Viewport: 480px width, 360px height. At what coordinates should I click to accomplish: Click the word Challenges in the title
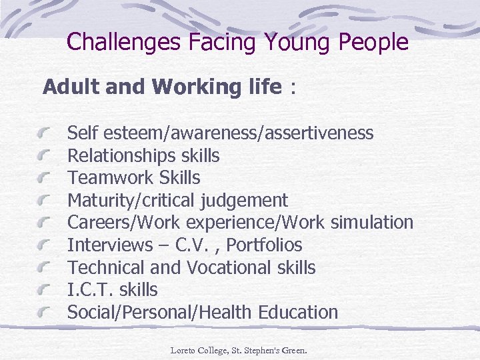(123, 43)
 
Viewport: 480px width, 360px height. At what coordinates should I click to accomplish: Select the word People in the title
(373, 43)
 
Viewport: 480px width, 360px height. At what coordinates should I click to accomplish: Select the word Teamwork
(111, 178)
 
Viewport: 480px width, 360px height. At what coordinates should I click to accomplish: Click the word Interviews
(110, 245)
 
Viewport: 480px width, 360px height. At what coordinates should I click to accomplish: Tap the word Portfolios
(264, 245)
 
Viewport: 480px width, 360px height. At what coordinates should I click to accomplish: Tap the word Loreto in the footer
(183, 349)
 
